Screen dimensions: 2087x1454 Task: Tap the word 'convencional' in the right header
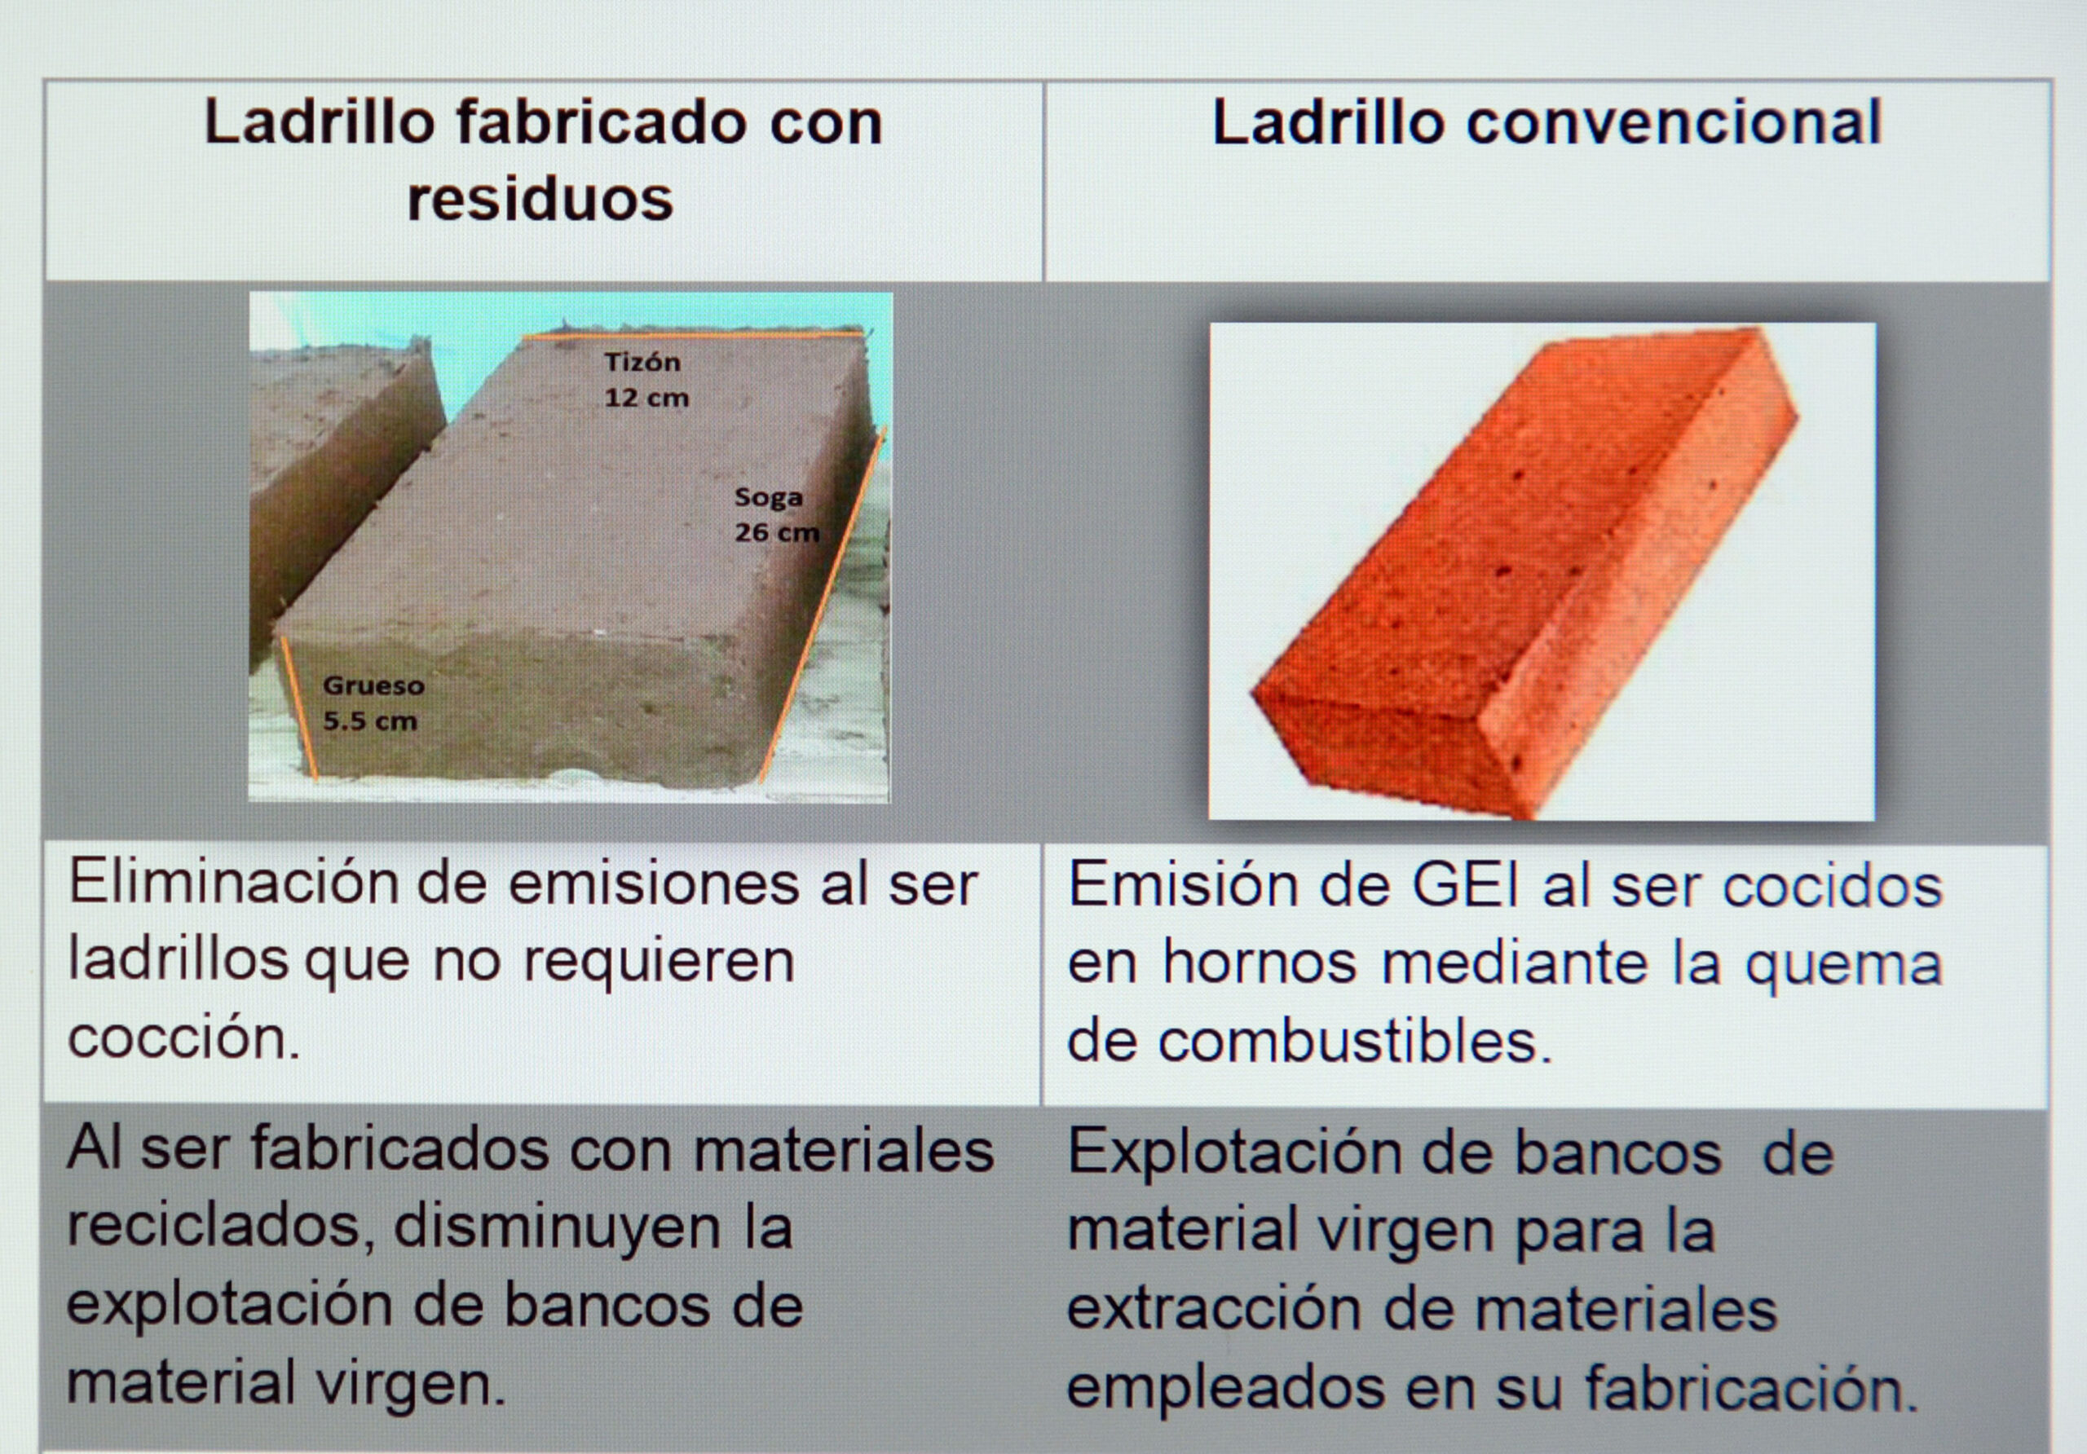[1673, 123]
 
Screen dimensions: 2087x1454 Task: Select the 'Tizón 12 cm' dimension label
[646, 379]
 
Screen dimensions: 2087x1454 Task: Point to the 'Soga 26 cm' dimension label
[776, 514]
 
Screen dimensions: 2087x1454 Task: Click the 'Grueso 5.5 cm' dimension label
[373, 703]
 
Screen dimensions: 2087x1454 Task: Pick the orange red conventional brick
[1525, 571]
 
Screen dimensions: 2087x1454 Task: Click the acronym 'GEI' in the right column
[1464, 885]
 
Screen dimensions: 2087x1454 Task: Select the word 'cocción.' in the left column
[183, 1038]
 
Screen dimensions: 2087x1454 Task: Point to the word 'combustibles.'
[1354, 1042]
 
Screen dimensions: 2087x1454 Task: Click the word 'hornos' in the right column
[1260, 963]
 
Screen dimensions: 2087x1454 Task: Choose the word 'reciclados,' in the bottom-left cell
[221, 1227]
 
